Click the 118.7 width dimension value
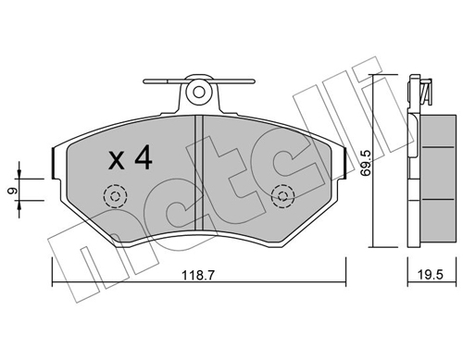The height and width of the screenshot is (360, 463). click(198, 275)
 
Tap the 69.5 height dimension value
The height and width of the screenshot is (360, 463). click(365, 163)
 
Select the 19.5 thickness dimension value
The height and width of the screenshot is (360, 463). click(431, 274)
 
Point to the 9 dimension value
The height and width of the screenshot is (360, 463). click(12, 191)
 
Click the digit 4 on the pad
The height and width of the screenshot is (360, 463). click(143, 157)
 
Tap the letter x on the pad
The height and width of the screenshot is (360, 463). click(117, 161)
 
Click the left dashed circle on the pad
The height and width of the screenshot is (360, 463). click(116, 196)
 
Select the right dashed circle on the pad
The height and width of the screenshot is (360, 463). click(282, 196)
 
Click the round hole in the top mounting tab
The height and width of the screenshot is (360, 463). click(199, 92)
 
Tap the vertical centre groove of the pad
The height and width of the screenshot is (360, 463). click(199, 172)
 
